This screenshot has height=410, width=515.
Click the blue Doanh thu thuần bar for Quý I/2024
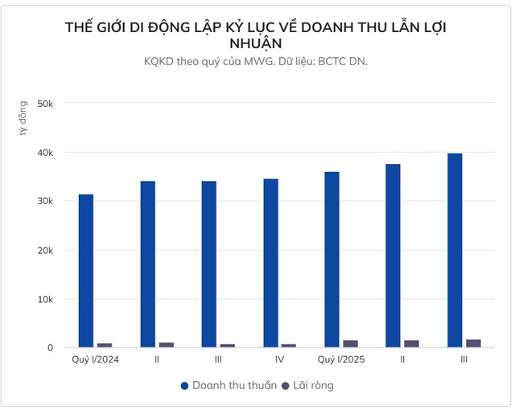click(x=86, y=271)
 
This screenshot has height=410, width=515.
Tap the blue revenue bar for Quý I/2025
click(x=332, y=260)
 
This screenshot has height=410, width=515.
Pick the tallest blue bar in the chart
click(x=455, y=250)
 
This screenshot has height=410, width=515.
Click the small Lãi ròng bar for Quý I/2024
click(x=105, y=345)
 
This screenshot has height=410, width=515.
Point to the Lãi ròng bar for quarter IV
click(x=289, y=346)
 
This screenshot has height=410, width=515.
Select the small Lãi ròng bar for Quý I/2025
click(x=351, y=344)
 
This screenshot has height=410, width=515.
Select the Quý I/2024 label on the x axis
click(x=95, y=359)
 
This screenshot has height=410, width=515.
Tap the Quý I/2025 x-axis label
click(x=341, y=359)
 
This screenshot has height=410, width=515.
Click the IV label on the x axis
click(x=279, y=359)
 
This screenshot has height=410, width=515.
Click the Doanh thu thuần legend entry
click(x=233, y=386)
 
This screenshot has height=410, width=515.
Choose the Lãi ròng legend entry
click(x=311, y=386)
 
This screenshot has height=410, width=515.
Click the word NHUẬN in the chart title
click(x=257, y=43)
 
